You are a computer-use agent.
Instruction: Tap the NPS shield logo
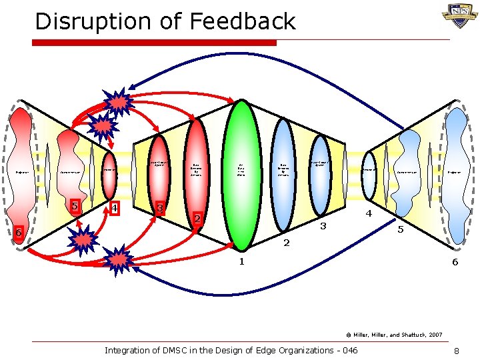click(459, 15)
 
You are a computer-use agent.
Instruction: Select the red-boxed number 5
click(77, 205)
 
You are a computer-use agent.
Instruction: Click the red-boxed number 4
click(114, 209)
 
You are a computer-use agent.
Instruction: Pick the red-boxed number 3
click(159, 208)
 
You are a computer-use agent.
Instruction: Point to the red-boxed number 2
click(197, 218)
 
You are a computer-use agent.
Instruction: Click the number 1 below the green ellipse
click(241, 261)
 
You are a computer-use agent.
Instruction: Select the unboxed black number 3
click(323, 226)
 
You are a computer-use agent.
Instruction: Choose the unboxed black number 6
click(455, 262)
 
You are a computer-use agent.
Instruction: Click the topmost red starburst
click(119, 101)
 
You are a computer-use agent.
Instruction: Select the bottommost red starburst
click(119, 257)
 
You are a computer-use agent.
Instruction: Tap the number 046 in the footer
click(347, 351)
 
